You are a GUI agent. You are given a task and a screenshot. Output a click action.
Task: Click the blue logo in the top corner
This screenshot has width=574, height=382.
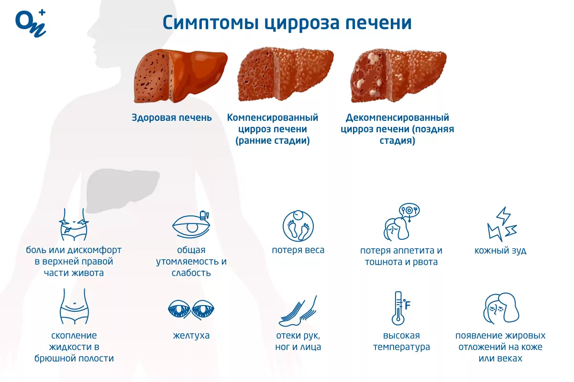[x=31, y=23]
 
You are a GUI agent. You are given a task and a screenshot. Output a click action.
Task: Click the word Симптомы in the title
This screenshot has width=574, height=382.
[x=210, y=23]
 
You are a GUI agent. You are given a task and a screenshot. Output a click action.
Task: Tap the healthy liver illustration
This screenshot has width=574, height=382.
[x=180, y=76]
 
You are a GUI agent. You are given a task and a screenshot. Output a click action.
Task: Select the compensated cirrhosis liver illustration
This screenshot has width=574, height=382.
[x=286, y=74]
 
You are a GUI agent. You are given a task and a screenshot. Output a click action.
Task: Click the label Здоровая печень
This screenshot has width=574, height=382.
[x=172, y=117]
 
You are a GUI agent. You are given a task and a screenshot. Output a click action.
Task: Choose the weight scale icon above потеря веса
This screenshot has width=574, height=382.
[x=298, y=226]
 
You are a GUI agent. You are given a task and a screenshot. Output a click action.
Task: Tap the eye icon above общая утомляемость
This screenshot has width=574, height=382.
[x=191, y=225]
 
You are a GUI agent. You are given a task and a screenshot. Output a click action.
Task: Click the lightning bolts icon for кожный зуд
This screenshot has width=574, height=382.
[x=502, y=224]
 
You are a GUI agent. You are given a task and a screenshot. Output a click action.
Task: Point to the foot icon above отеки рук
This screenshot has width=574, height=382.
[x=298, y=311]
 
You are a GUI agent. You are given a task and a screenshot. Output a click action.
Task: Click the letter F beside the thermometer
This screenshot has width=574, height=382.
[x=408, y=305]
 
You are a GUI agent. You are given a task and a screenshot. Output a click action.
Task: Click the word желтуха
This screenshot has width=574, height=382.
[x=191, y=335]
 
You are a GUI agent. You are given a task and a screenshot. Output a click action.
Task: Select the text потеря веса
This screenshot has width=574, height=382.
[x=298, y=250]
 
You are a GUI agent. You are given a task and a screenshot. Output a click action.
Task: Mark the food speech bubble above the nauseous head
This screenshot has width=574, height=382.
[x=409, y=211]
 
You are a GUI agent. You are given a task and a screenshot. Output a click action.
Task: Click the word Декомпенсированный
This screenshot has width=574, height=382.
[x=397, y=117]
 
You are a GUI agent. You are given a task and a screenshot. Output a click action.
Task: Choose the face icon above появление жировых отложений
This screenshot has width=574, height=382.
[x=501, y=308]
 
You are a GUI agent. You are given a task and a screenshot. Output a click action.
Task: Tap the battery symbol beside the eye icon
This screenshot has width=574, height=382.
[x=203, y=215]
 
